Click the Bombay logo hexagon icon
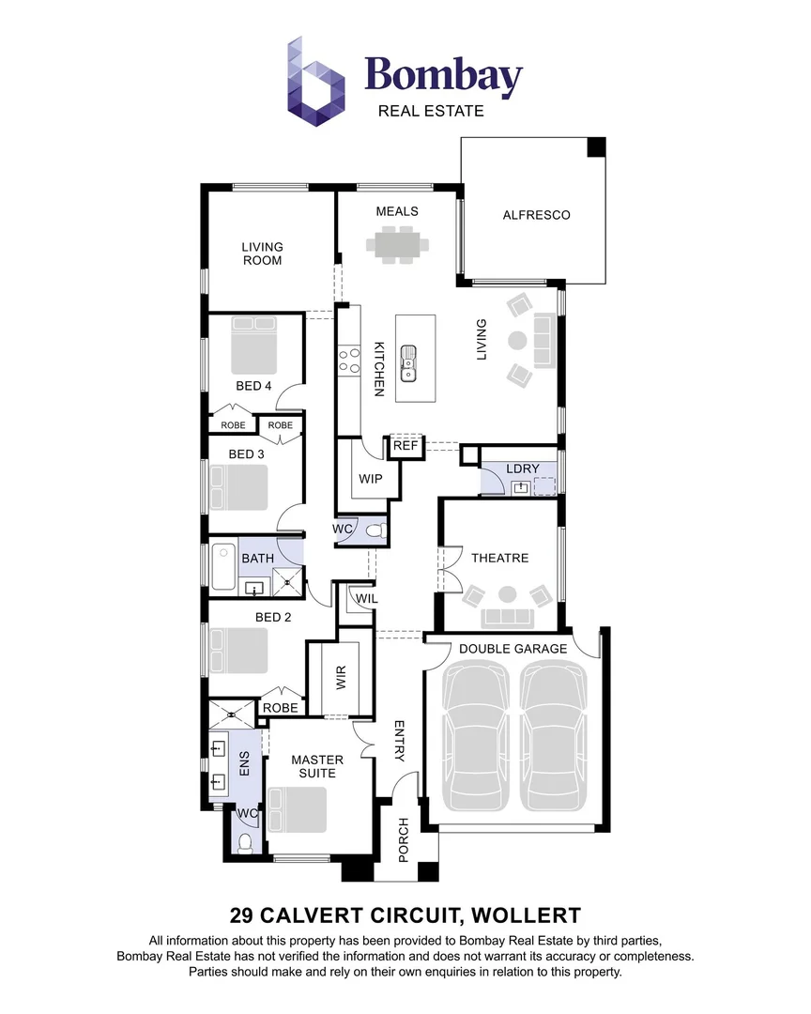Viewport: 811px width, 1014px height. coord(315,81)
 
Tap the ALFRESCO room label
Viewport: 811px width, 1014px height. coord(536,215)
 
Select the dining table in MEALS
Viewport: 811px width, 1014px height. coord(398,246)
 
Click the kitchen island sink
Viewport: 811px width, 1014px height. coord(409,362)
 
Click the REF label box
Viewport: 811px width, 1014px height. coord(405,446)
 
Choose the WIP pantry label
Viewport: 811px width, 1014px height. coord(371,478)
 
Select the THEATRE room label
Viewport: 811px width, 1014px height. coord(499,558)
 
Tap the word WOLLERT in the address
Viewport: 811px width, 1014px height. coord(528,914)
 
